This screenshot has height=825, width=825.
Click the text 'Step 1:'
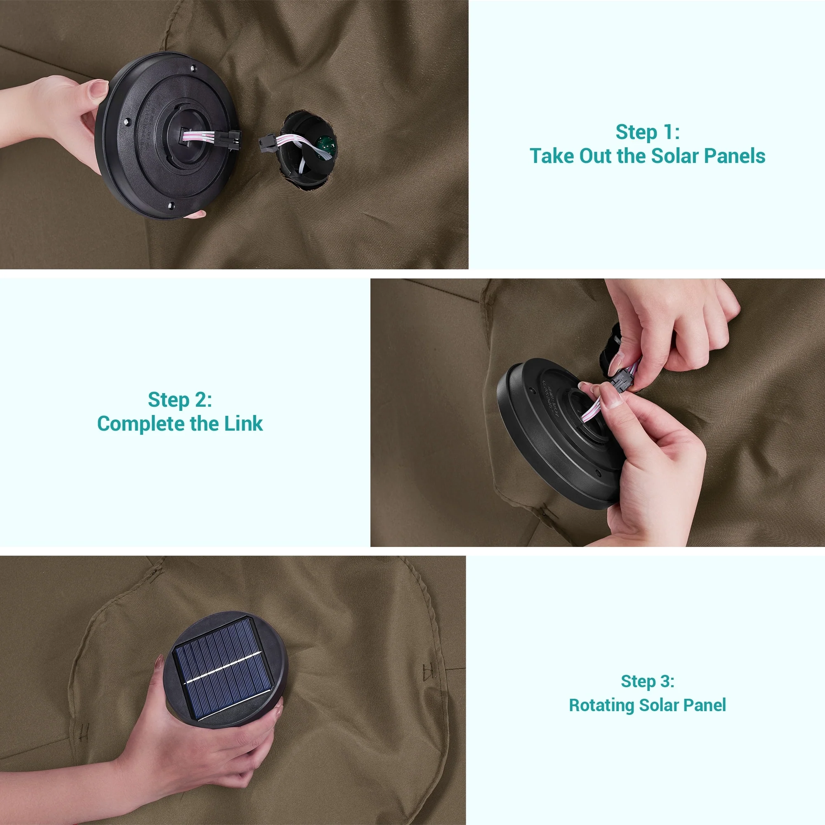click(x=647, y=132)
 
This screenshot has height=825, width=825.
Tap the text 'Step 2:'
click(x=180, y=400)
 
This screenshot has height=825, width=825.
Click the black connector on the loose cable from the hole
click(x=267, y=143)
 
